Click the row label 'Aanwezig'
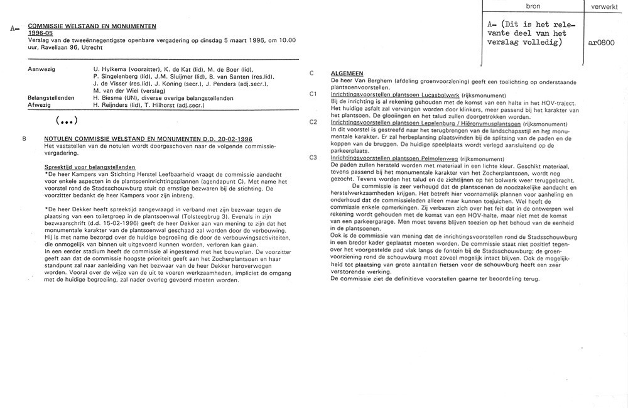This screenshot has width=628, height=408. [41, 68]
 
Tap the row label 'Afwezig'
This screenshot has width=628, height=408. [40, 105]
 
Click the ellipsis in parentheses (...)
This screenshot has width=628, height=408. [67, 120]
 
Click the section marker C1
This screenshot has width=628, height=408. [313, 94]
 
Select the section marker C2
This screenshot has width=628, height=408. [313, 122]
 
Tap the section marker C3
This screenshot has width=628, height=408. [313, 157]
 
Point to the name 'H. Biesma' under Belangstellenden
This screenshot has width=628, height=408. [107, 98]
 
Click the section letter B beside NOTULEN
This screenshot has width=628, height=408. [24, 138]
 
